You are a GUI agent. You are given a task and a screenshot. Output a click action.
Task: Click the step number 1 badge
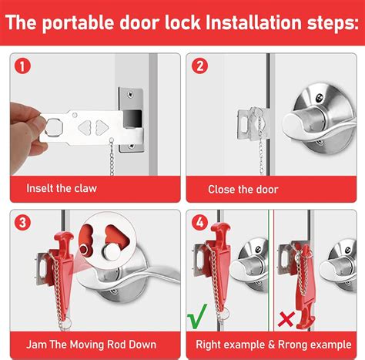pos(23,67)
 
